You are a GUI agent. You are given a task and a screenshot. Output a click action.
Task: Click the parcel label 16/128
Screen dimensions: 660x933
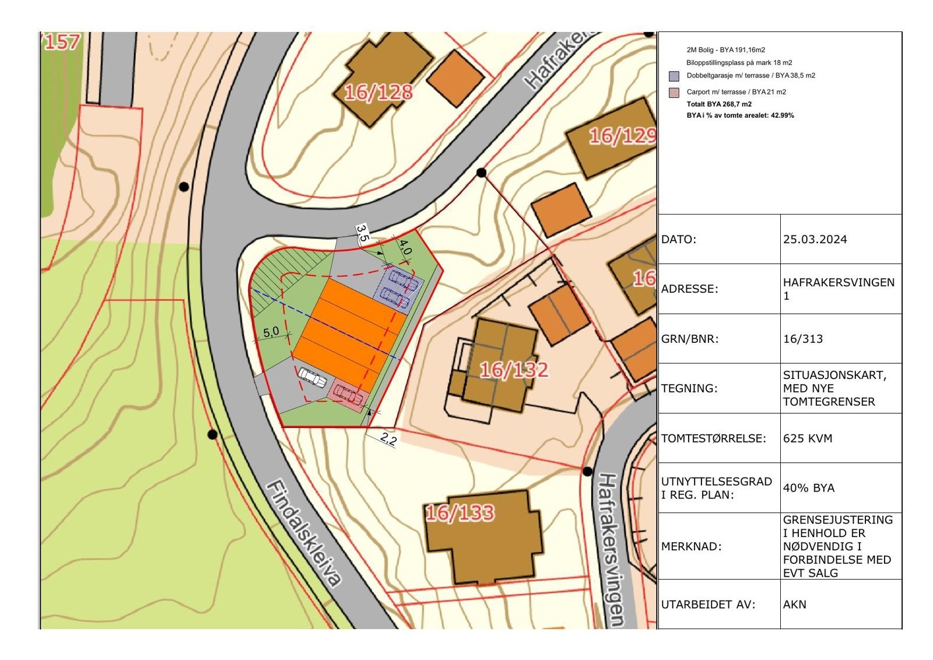click(x=378, y=92)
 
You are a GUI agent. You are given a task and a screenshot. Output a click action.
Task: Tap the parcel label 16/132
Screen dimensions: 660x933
click(x=514, y=370)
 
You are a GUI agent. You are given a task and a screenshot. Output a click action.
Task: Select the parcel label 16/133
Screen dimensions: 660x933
click(x=460, y=513)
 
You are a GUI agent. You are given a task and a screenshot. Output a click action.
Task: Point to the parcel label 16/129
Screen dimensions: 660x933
click(x=622, y=136)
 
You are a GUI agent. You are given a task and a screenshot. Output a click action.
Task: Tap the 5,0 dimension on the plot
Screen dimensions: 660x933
click(x=271, y=332)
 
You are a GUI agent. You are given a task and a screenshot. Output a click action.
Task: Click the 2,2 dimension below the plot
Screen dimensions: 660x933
click(x=388, y=439)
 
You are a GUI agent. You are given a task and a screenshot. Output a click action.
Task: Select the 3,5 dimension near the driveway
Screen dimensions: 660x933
click(x=362, y=234)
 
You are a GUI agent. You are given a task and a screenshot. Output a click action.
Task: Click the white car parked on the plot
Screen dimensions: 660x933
click(x=313, y=378)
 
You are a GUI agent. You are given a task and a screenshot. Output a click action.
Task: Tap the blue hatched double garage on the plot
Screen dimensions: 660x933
click(x=399, y=289)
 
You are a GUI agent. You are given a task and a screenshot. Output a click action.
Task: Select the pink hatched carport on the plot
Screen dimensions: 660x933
click(x=348, y=395)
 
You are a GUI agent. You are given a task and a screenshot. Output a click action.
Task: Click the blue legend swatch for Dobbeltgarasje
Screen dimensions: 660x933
click(x=674, y=76)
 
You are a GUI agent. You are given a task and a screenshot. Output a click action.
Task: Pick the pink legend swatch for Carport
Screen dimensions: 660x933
click(x=674, y=92)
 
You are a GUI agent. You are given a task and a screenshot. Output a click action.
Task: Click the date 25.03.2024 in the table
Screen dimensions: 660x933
click(x=815, y=240)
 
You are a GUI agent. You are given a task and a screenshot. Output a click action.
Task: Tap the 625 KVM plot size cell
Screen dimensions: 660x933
click(x=808, y=438)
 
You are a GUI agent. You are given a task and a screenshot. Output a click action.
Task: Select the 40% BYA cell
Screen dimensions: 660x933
click(x=808, y=488)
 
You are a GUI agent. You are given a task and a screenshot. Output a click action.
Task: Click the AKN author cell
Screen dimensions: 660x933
click(x=794, y=605)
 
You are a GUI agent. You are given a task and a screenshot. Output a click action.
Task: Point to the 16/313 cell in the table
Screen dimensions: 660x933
click(x=802, y=339)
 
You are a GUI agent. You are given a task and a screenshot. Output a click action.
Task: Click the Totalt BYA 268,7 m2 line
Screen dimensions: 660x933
click(x=719, y=104)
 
